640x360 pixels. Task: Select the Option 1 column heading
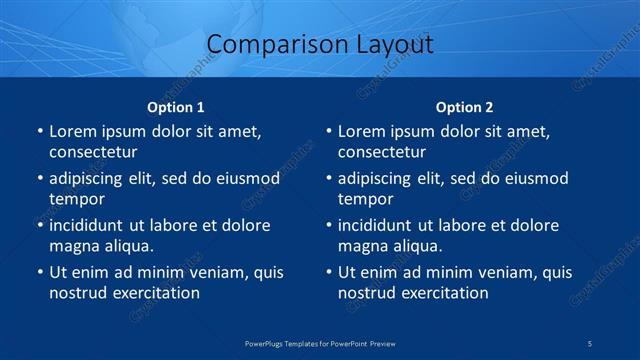coord(176,107)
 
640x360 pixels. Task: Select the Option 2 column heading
coord(465,107)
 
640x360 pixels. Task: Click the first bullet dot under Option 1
coord(39,132)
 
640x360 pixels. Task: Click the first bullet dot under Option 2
coord(328,132)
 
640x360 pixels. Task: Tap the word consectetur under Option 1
coord(93,152)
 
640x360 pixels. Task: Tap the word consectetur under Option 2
coord(382,152)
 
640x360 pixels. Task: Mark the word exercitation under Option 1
coord(152,293)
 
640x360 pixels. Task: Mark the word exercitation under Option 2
coord(441,293)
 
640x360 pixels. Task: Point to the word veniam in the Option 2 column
coord(503,272)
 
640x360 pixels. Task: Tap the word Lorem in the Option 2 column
coord(361,131)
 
